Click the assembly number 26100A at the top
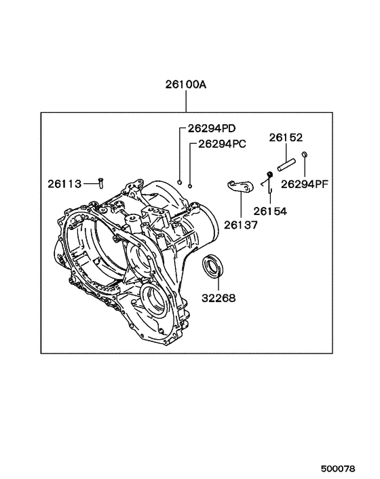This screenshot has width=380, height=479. click(185, 85)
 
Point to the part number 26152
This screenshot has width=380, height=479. click(285, 137)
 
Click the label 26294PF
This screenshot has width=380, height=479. click(305, 183)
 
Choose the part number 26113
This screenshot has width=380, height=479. click(64, 183)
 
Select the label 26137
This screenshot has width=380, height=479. click(241, 223)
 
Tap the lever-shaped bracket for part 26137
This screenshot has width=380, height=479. click(240, 185)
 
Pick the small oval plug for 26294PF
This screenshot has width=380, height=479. click(305, 155)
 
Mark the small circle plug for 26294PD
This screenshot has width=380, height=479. click(179, 182)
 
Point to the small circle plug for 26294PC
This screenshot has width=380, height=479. click(191, 185)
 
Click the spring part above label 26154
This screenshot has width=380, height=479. click(269, 178)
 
